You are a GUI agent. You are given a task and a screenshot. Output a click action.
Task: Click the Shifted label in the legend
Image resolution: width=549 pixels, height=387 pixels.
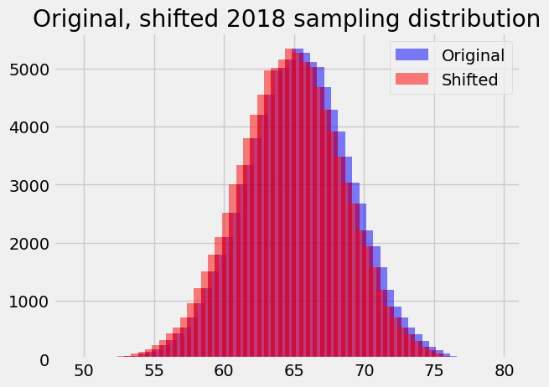[x=469, y=80]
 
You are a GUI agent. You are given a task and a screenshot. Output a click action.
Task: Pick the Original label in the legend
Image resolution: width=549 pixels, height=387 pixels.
[x=473, y=55]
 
